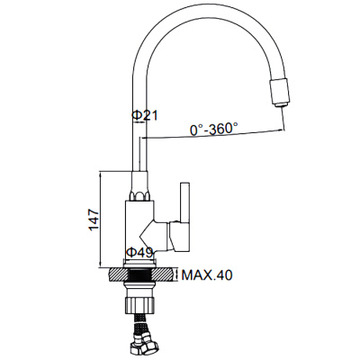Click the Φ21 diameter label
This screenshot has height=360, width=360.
[144, 115]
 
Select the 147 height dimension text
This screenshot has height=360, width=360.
[94, 220]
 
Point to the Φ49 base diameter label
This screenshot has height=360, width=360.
[139, 253]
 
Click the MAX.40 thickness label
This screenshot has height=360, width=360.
[207, 274]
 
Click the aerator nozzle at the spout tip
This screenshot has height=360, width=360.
[281, 92]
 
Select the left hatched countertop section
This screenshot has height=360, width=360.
[119, 274]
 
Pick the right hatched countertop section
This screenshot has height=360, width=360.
[164, 274]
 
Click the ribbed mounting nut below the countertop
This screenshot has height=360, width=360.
[139, 303]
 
